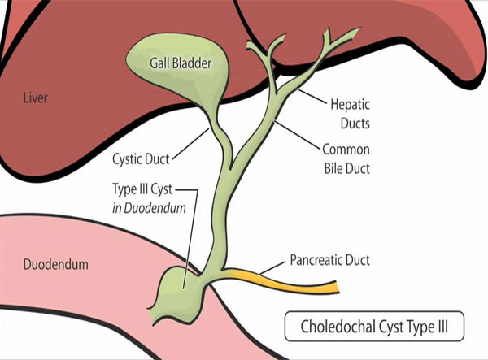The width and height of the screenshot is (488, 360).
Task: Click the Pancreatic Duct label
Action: [x=331, y=261]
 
